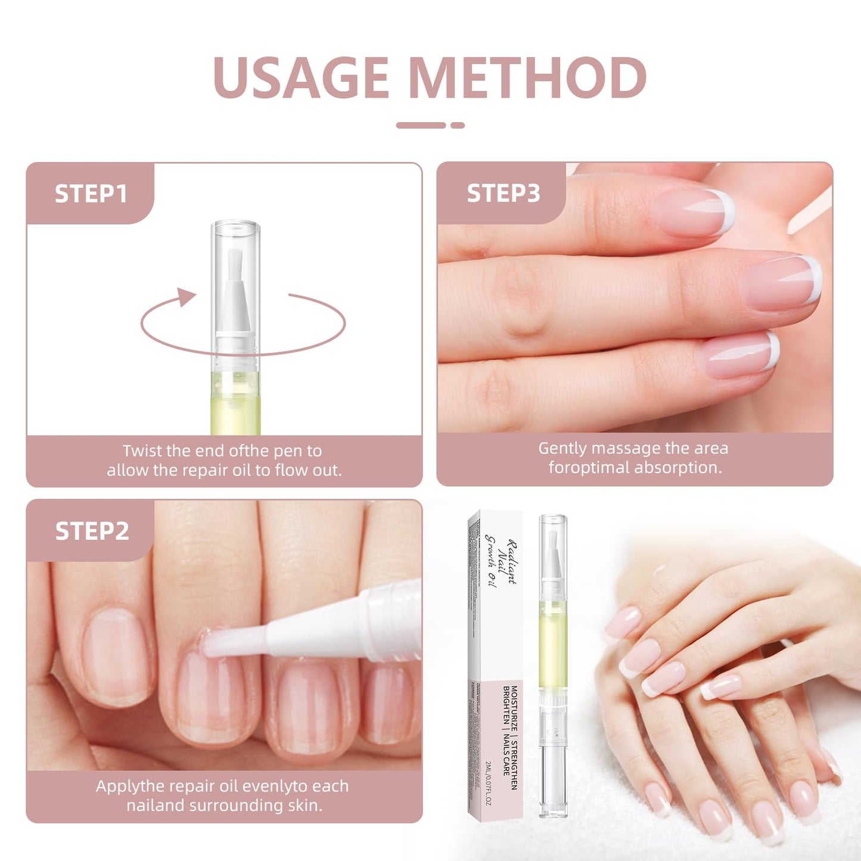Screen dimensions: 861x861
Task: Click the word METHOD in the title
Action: (528, 77)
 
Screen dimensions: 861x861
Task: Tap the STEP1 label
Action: (91, 194)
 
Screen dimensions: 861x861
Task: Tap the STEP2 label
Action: (92, 531)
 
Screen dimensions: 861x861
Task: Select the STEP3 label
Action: (503, 193)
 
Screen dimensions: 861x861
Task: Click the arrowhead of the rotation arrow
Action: (188, 296)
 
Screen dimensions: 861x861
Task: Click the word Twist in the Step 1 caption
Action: (142, 450)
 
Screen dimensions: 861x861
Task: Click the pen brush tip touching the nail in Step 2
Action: (215, 645)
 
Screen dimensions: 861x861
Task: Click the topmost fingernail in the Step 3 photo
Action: (694, 213)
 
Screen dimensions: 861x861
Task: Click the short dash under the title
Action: (457, 125)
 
